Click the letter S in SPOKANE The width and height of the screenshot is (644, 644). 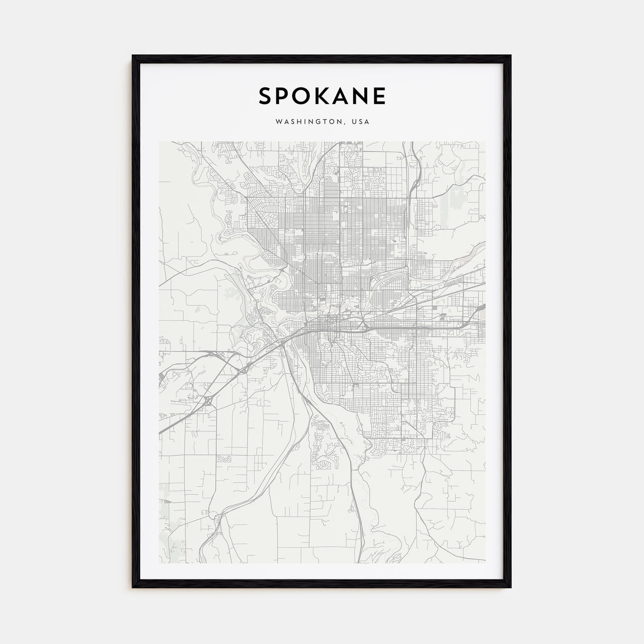(265, 96)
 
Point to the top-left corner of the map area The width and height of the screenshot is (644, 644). (159, 142)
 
